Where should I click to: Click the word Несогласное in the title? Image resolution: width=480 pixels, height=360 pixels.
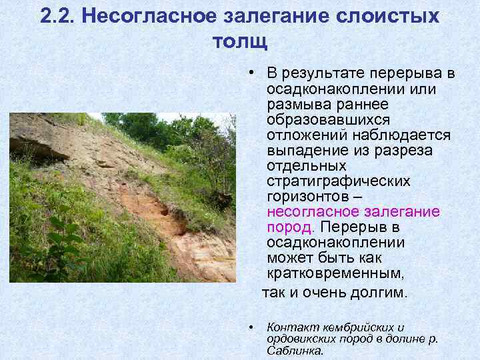pos(142,16)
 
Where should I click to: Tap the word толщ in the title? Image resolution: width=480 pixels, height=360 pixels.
pos(239,42)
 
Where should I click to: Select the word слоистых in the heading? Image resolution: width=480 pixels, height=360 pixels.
pos(389,16)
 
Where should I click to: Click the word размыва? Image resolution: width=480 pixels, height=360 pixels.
pos(295,104)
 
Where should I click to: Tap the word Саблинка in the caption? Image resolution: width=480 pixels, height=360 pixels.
pos(295,350)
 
